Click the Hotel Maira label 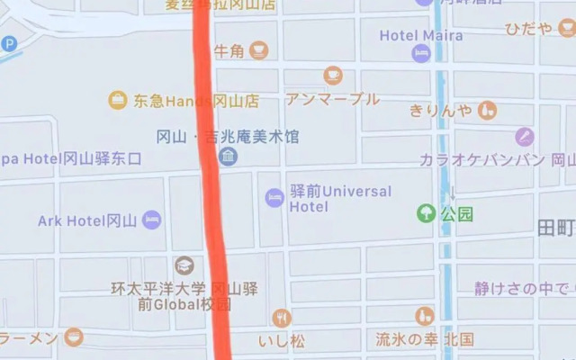pyautogui.click(x=421, y=35)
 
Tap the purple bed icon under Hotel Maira pyautogui.click(x=421, y=53)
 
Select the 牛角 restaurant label pyautogui.click(x=229, y=50)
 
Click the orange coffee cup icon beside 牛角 pyautogui.click(x=260, y=49)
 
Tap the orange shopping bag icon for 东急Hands pyautogui.click(x=118, y=100)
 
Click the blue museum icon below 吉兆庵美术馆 pyautogui.click(x=229, y=157)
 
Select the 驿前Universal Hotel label pyautogui.click(x=340, y=198)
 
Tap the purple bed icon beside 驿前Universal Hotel pyautogui.click(x=274, y=197)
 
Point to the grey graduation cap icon pyautogui.click(x=184, y=265)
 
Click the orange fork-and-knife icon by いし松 pyautogui.click(x=283, y=317)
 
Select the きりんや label pyautogui.click(x=440, y=110)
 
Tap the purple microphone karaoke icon pyautogui.click(x=525, y=137)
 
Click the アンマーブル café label pyautogui.click(x=332, y=98)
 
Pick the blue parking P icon pyautogui.click(x=9, y=43)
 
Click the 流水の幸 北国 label pyautogui.click(x=425, y=339)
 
